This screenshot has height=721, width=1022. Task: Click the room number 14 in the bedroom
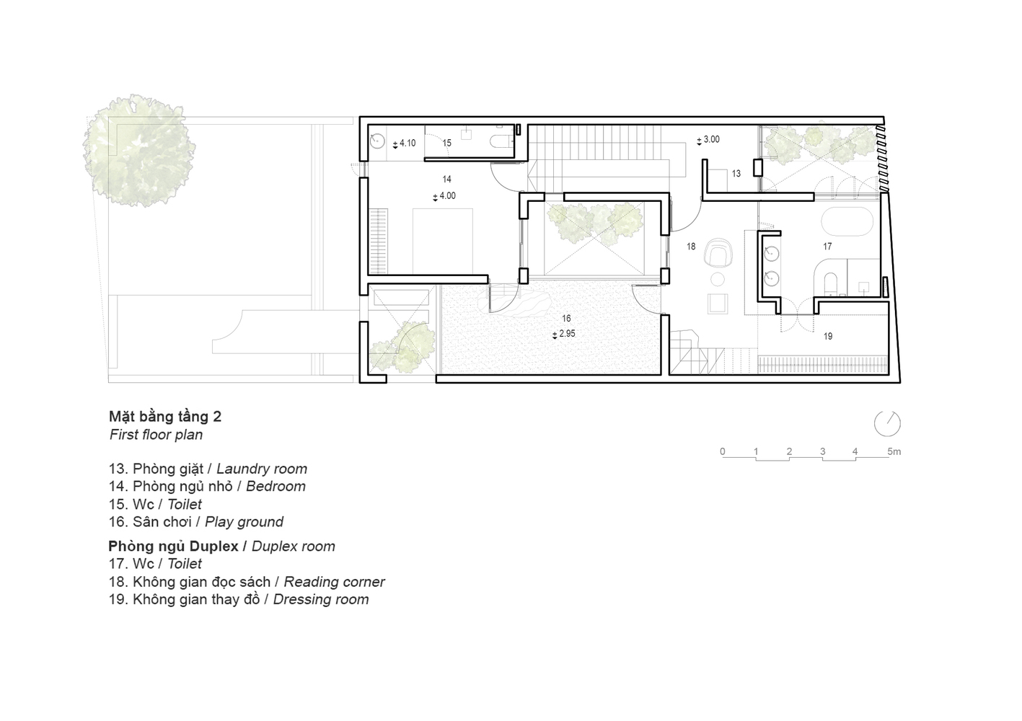click(x=446, y=180)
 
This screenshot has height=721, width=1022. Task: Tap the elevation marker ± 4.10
click(x=404, y=143)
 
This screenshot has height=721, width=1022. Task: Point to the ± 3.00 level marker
click(x=708, y=140)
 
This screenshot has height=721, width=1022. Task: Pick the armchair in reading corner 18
click(x=718, y=252)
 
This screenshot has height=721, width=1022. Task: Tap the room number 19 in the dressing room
click(x=828, y=337)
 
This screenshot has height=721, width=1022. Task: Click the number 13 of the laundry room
click(x=736, y=174)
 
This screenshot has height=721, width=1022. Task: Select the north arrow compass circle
click(x=887, y=424)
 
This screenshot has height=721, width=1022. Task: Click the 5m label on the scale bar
click(x=894, y=451)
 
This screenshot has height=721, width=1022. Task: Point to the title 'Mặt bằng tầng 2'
click(x=165, y=417)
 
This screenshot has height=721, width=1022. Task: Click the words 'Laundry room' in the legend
click(x=261, y=469)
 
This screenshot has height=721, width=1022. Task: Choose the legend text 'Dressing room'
click(x=321, y=599)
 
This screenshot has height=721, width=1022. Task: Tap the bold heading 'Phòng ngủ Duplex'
click(x=173, y=547)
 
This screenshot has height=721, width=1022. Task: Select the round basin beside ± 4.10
click(x=377, y=141)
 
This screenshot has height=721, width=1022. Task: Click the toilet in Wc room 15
click(x=500, y=142)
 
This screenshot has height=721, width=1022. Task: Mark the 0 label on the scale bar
click(x=722, y=451)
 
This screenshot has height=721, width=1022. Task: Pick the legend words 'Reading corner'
click(x=334, y=582)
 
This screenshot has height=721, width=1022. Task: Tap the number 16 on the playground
click(x=566, y=319)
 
